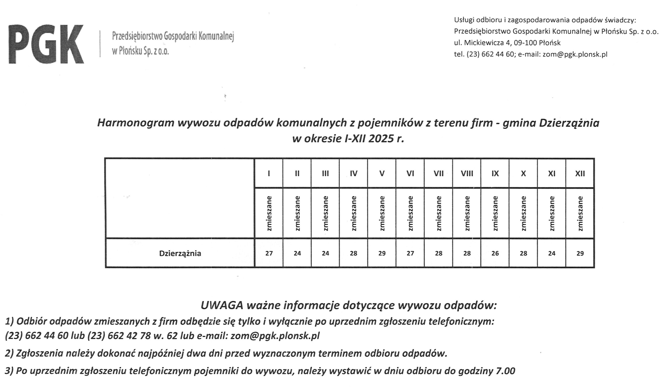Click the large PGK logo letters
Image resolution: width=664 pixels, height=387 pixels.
tap(46, 44)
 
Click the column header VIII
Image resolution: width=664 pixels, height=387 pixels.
tap(467, 174)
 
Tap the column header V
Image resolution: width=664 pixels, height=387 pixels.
tap(382, 174)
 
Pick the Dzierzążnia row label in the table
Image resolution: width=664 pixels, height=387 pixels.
tap(180, 253)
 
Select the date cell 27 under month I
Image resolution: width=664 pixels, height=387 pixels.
tap(269, 253)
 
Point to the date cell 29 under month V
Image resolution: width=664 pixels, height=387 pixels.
tap(382, 253)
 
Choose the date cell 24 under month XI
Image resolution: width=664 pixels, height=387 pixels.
tap(551, 253)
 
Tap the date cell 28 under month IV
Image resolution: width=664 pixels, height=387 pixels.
tap(353, 253)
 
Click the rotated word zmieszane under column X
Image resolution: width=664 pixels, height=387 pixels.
tap(523, 213)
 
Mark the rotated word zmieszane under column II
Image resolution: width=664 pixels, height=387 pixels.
tap(297, 213)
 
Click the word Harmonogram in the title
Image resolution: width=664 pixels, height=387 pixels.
tap(136, 123)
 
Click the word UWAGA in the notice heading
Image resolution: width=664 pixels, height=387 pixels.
tap(222, 306)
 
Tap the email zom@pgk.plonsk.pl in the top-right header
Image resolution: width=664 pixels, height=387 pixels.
tap(575, 54)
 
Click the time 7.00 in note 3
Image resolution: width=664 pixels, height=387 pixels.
tap(505, 371)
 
